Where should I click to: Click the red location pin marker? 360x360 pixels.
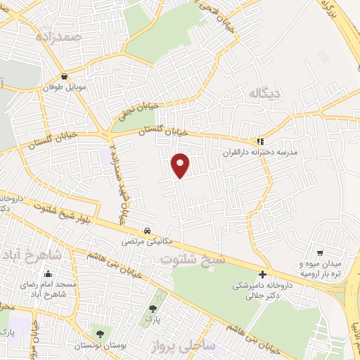pos(181,165)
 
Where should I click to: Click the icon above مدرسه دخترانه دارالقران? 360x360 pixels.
pos(260,140)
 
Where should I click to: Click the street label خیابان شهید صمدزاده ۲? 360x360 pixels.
pos(117,179)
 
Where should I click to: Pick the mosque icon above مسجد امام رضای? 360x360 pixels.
pos(48,274)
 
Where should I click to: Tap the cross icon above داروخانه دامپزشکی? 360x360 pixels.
pos(262,274)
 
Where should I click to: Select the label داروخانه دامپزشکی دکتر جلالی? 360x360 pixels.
pos(261,291)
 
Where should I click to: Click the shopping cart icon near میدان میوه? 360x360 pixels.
pos(320,252)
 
